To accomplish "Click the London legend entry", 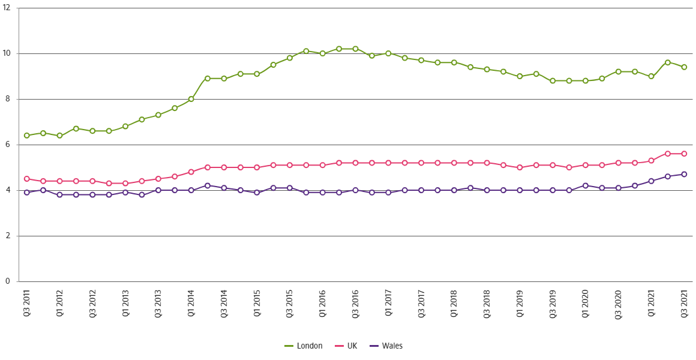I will click(x=310, y=346).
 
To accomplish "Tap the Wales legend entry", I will click(x=391, y=346).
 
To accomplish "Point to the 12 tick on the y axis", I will click(x=8, y=8).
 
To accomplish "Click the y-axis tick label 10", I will click(x=8, y=53).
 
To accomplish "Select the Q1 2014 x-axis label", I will click(x=191, y=304).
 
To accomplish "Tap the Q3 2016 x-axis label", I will click(x=355, y=304).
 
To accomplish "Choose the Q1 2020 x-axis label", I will click(x=586, y=304).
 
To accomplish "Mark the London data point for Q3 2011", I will click(x=26, y=136).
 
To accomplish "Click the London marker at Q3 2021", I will click(x=684, y=67).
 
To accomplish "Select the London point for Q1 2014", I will click(x=191, y=99).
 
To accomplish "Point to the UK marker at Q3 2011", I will click(x=26, y=179).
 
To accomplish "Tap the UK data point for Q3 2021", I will click(x=684, y=154).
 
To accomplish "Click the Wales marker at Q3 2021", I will click(x=684, y=174).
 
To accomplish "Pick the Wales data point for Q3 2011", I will click(x=26, y=193).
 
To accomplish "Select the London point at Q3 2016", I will click(x=355, y=49).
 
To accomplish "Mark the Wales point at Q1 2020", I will click(x=586, y=185).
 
